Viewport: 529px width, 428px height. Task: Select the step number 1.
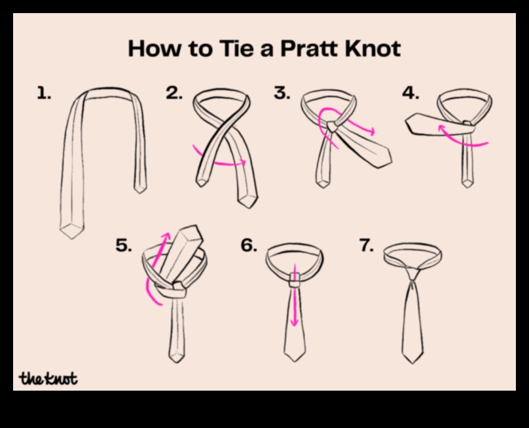pos(43,94)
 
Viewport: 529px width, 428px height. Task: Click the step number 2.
pos(174,94)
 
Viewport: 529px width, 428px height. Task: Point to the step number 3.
pos(282,94)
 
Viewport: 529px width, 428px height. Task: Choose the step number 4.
pos(411,94)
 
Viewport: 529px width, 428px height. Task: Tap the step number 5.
pos(124,246)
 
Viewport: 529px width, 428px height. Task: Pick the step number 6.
pos(249,246)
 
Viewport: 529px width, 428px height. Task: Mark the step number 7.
pos(367,246)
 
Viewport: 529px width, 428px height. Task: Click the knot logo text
pos(48,378)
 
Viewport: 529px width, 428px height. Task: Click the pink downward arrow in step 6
pos(295,302)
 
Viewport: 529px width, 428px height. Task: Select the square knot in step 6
pos(295,280)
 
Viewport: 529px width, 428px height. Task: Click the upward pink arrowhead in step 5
pos(166,237)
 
